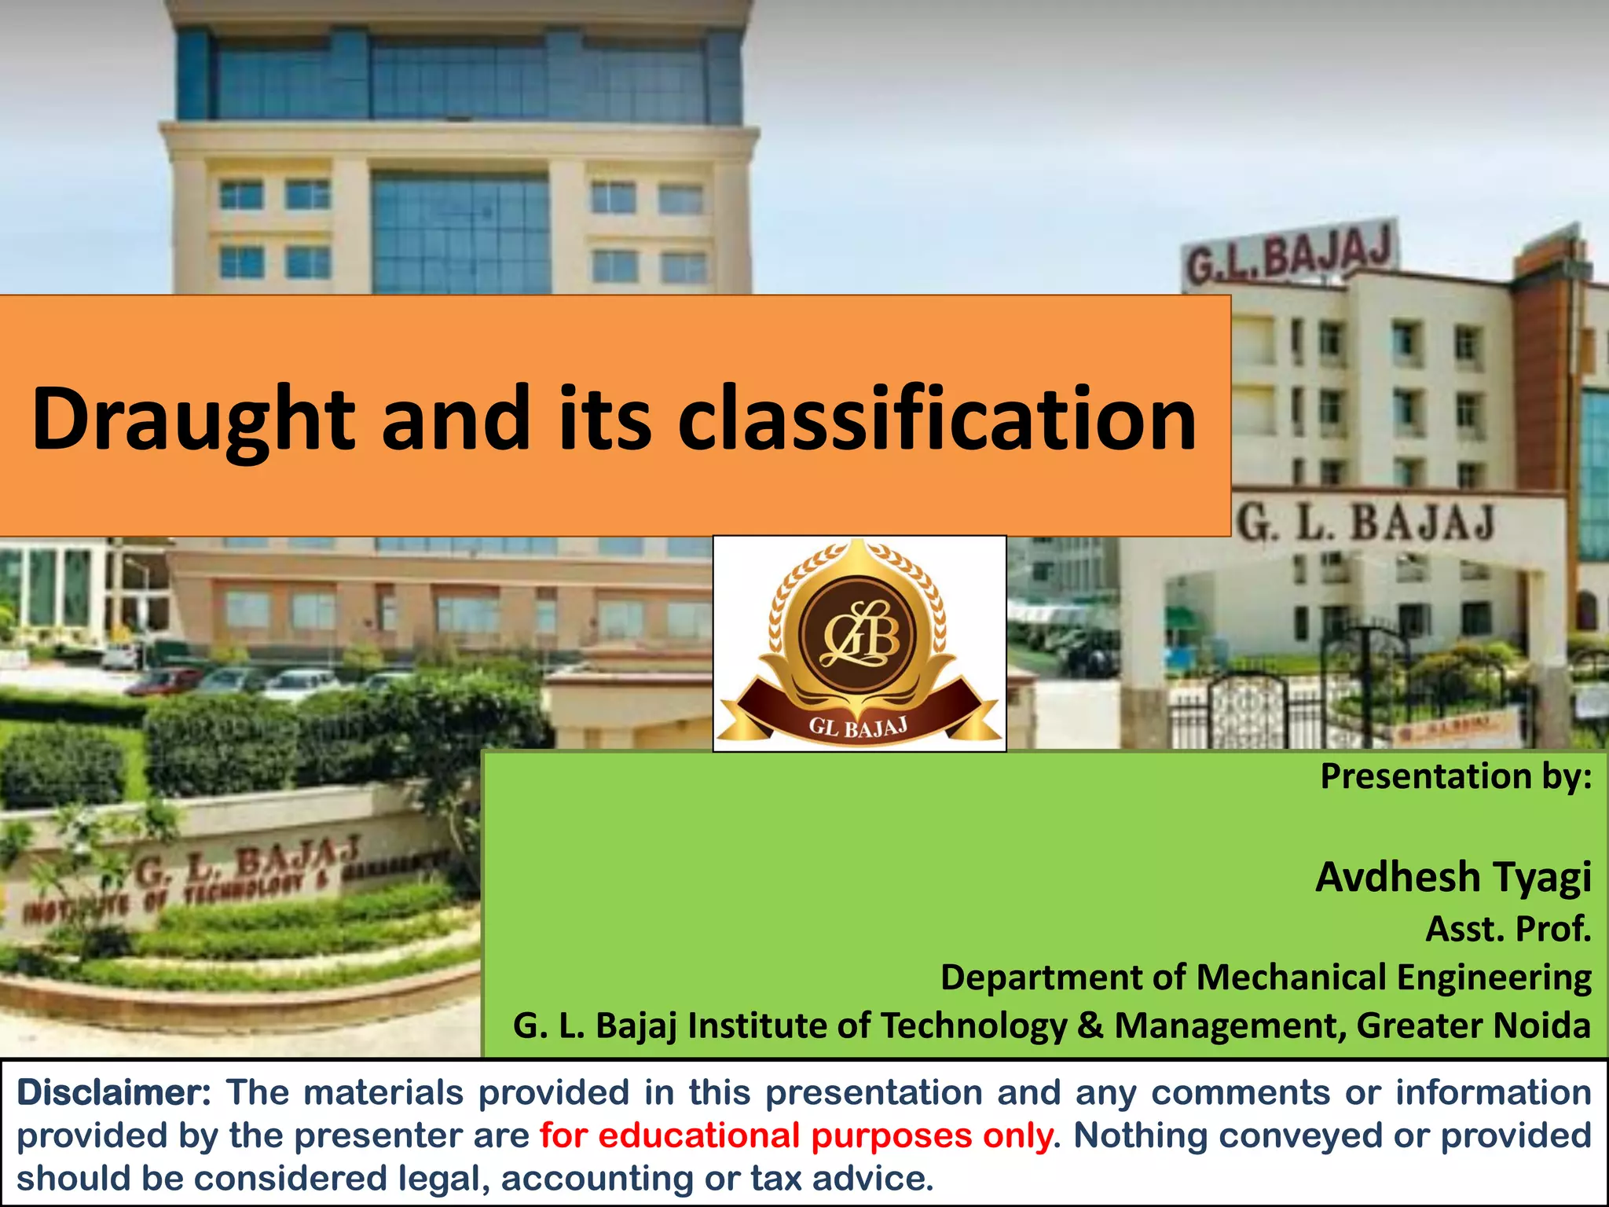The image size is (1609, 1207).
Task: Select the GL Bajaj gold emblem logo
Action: (859, 642)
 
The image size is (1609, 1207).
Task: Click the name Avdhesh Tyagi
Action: (1453, 877)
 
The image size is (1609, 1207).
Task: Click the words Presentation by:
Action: (1456, 776)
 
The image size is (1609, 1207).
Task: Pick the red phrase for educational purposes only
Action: (796, 1136)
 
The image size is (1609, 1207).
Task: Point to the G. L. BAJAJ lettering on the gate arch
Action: (1365, 522)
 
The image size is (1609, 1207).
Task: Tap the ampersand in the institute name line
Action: (1090, 1025)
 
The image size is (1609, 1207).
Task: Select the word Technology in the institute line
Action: (973, 1025)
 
